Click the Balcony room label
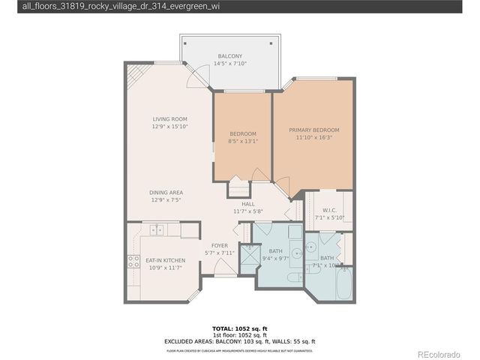(229, 56)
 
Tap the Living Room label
(169, 119)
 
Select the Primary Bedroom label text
(314, 130)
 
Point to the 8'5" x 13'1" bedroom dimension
(242, 141)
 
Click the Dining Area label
(166, 193)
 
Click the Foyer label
(219, 245)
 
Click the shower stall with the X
(245, 255)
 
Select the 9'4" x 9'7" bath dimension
(275, 259)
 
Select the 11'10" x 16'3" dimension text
(314, 137)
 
